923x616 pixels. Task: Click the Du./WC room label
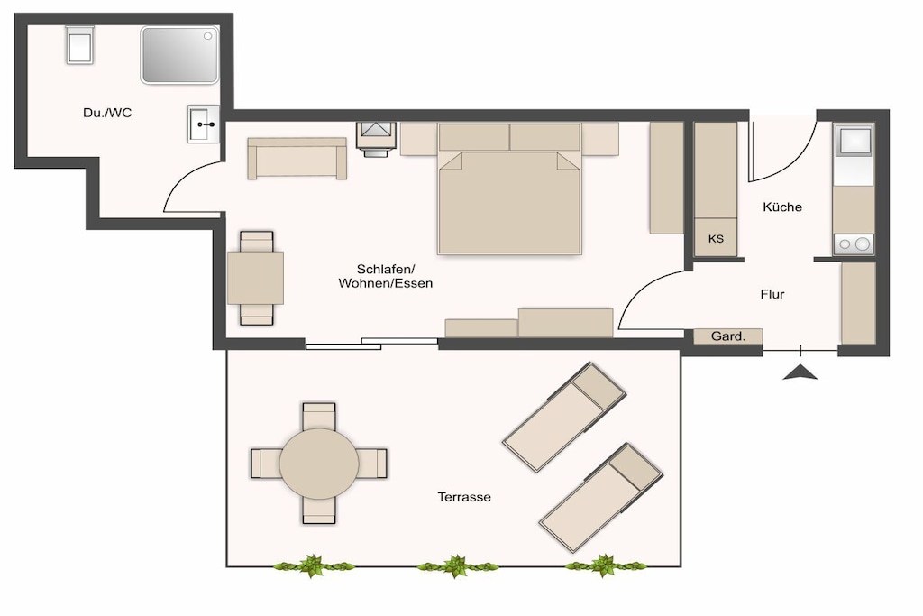click(107, 113)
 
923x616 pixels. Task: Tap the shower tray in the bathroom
click(179, 54)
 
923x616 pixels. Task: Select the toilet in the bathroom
click(79, 45)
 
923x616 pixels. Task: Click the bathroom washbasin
click(204, 124)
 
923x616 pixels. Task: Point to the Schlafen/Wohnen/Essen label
click(386, 276)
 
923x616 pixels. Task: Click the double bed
click(510, 188)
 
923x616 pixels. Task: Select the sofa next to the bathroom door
click(297, 159)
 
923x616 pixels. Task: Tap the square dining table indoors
click(255, 278)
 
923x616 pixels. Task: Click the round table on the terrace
click(318, 464)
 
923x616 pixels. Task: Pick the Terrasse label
click(464, 497)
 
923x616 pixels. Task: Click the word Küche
click(782, 207)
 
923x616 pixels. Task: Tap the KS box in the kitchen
click(716, 238)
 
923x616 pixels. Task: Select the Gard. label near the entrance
click(728, 336)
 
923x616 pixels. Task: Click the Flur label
click(772, 294)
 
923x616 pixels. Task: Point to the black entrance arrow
click(800, 372)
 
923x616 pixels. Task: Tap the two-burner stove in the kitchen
click(854, 244)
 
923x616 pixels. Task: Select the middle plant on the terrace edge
click(456, 565)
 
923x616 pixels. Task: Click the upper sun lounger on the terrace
click(564, 417)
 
